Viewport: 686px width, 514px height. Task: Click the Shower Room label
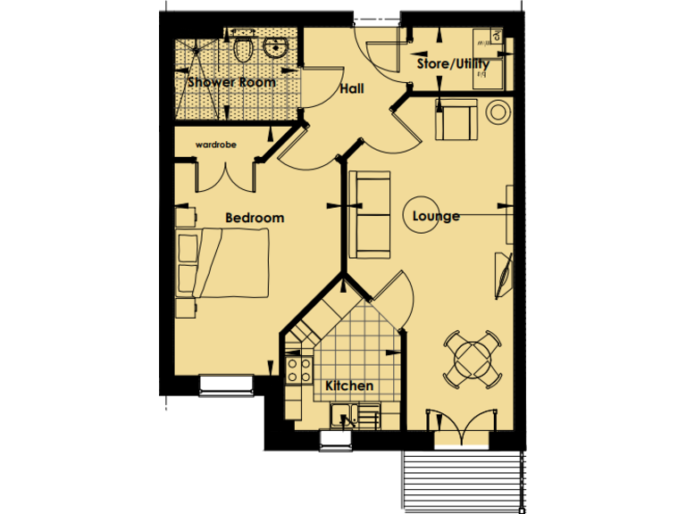pyautogui.click(x=231, y=82)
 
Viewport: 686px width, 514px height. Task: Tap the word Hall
pyautogui.click(x=350, y=90)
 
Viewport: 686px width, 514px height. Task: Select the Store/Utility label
pyautogui.click(x=453, y=64)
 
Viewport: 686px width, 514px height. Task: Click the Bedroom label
pyautogui.click(x=255, y=218)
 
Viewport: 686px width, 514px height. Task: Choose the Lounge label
pyautogui.click(x=436, y=216)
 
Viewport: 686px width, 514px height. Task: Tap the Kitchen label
pyautogui.click(x=348, y=385)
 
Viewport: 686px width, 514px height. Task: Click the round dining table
pyautogui.click(x=473, y=359)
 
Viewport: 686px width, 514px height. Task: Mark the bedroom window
pyautogui.click(x=225, y=384)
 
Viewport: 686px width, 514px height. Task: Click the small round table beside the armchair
pyautogui.click(x=498, y=113)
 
